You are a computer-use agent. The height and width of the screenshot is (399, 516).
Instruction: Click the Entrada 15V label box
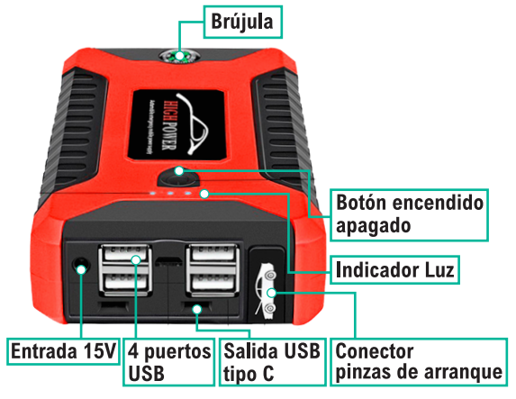(63, 350)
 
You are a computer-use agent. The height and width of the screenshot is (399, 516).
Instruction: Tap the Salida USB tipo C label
(269, 360)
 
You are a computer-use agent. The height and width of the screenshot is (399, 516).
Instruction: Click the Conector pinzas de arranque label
(418, 360)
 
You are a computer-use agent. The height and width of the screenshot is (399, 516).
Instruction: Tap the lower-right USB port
(213, 286)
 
